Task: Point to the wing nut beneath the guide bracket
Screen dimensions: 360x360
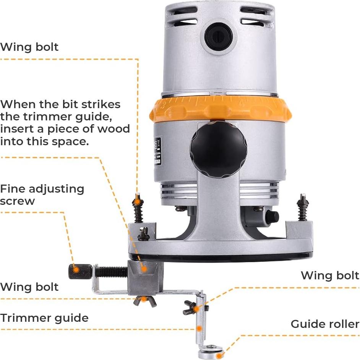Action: click(x=144, y=300)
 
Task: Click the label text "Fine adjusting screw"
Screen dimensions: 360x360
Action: click(x=42, y=195)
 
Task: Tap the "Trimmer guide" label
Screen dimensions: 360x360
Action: click(x=44, y=318)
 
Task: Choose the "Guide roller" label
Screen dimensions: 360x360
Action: click(x=325, y=324)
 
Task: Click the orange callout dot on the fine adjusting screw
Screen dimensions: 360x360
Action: click(x=76, y=270)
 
